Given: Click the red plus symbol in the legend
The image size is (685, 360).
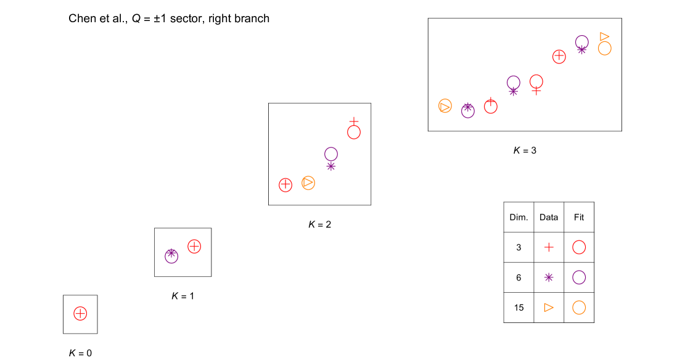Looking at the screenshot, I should coord(549,247).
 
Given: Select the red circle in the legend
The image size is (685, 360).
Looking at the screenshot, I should coord(579,247).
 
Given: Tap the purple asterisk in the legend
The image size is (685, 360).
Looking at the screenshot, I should coord(549,277).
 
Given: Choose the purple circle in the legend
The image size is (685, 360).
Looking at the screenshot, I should coord(579,277).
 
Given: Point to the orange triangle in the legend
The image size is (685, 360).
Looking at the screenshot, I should coord(548,307).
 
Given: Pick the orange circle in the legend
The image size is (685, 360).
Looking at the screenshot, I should coord(579,307).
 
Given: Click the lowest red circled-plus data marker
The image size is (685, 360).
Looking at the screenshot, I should coord(80,313).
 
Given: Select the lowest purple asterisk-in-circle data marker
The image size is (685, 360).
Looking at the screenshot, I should coord(171,255).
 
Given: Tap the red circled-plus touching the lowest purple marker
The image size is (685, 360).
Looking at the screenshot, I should coord(194,247).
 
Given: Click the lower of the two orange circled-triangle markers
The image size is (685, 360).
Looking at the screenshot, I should coord(308,183).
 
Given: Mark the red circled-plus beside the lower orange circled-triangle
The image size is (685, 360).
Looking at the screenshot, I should coord(285,185).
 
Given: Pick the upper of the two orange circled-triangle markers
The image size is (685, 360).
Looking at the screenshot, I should coord(445,106).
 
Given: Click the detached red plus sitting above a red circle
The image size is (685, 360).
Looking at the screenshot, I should coord(354,121).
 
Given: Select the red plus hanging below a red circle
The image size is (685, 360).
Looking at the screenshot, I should coord(536,91).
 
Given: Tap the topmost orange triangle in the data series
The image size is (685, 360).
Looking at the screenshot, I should coord(604,37).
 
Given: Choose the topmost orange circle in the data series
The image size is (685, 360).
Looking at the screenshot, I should coord(605,49).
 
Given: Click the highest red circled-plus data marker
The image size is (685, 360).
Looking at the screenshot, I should coord(559,57).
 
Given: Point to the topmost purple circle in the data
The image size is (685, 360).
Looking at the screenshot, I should coord(582,42).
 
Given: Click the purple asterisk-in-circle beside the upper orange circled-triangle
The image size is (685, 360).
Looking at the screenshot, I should coord(468,110).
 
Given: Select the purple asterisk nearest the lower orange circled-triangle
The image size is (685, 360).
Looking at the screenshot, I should coord(331,166).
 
